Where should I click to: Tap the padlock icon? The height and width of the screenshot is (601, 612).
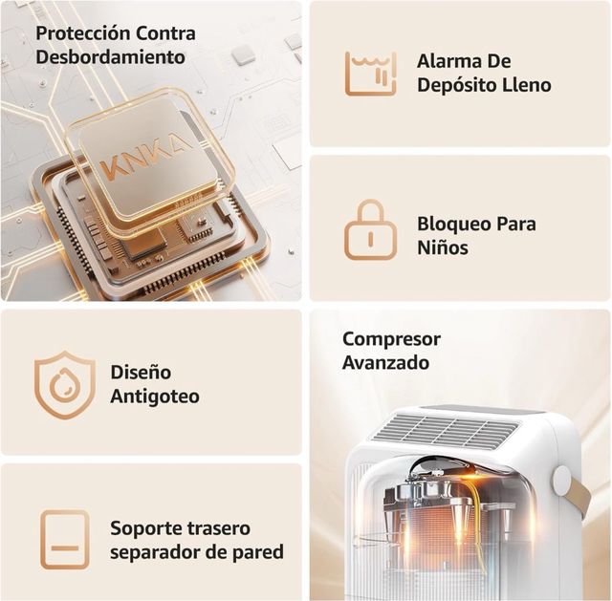point(370,229)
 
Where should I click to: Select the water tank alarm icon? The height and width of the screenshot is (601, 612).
point(370,73)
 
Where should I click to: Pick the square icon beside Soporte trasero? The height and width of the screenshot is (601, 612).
point(65,540)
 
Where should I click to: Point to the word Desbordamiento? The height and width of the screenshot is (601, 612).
point(111,56)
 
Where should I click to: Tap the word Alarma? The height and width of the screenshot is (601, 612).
point(450,61)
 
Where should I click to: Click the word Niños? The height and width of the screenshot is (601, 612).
point(443,248)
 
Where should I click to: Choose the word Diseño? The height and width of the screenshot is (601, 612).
point(141,372)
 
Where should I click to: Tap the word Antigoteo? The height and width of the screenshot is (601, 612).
point(155,396)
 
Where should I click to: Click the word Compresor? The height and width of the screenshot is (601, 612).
point(391,339)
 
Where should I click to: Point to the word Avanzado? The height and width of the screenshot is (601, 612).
point(385,363)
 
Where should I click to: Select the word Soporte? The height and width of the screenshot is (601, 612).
point(144,528)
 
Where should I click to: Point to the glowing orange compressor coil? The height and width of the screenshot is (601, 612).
point(448,535)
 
